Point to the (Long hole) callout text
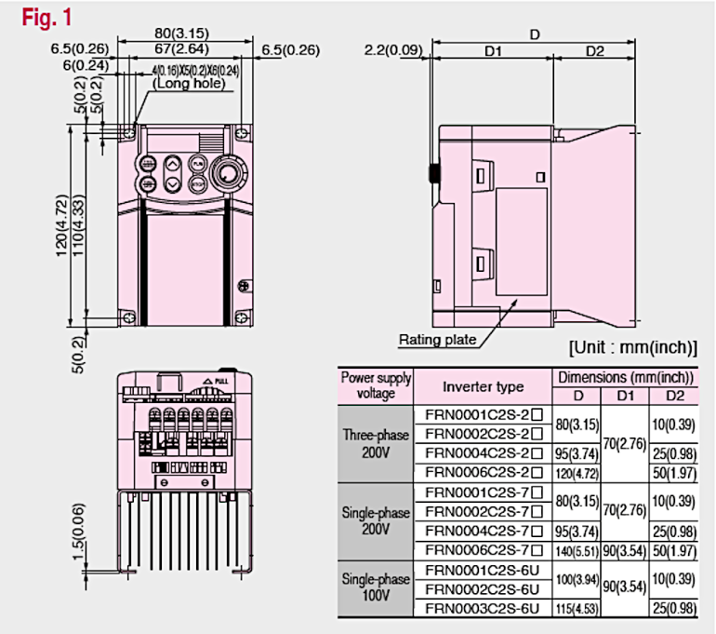pos(190,83)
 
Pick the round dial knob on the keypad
pos(227,173)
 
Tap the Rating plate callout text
pos(437,340)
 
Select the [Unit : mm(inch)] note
pos(632,348)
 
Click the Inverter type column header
pos(482,386)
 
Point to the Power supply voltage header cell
pos(376,385)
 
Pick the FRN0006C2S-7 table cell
pos(482,549)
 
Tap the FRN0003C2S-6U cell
pos(482,610)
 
